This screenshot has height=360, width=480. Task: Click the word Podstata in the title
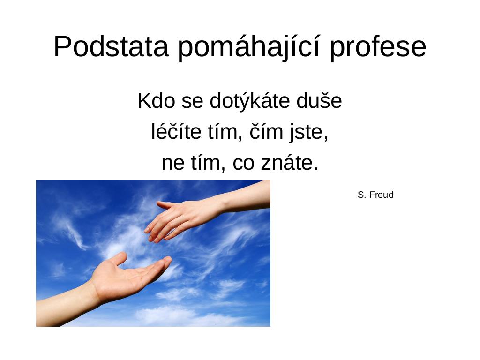pos(111,46)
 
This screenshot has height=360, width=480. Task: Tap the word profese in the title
pos(378,47)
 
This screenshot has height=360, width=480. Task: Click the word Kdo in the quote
pos(156,100)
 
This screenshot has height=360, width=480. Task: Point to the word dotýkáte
pos(250,101)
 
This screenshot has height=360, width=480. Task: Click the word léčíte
pos(176,131)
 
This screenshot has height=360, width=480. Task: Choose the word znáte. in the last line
pos(290,162)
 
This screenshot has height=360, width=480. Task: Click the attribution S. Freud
pos(375,195)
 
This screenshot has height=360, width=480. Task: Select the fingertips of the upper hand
pos(154,234)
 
